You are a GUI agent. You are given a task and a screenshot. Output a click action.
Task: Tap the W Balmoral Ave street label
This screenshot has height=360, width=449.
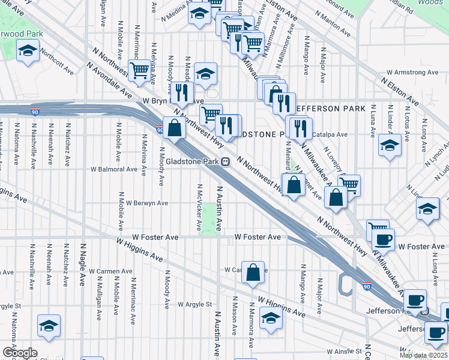tap(114, 169)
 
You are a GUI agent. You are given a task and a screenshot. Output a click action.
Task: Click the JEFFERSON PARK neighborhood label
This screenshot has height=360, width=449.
tap(330, 109)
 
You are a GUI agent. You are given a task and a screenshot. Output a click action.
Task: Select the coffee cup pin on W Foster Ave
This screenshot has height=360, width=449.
tap(383, 239)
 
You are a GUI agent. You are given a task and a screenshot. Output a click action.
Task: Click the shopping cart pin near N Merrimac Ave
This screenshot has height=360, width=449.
tap(140, 70)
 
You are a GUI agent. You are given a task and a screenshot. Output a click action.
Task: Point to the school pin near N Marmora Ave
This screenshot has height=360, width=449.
tap(271, 318)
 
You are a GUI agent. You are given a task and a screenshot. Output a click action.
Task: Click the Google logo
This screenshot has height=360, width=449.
tap(20, 353)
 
